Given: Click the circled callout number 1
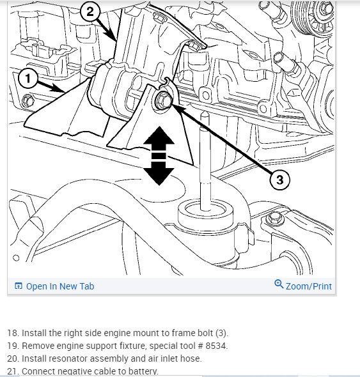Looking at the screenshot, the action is click(x=28, y=79).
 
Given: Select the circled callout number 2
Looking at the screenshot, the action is click(x=90, y=12).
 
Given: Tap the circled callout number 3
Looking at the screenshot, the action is click(x=279, y=180).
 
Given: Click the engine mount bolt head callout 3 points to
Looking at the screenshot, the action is click(x=164, y=100).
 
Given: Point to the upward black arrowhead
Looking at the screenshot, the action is click(x=159, y=136).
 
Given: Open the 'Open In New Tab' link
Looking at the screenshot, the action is click(x=60, y=286).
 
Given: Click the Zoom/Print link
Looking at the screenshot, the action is click(x=308, y=286).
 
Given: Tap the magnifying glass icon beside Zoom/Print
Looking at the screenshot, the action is click(x=279, y=284).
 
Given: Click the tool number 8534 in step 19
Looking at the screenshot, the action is click(x=215, y=346).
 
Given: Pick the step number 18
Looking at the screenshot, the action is click(x=13, y=333).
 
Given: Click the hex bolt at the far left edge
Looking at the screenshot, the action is click(x=27, y=101).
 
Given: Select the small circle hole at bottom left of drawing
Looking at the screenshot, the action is click(x=16, y=258).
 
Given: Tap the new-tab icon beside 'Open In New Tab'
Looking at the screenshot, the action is click(x=19, y=286).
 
